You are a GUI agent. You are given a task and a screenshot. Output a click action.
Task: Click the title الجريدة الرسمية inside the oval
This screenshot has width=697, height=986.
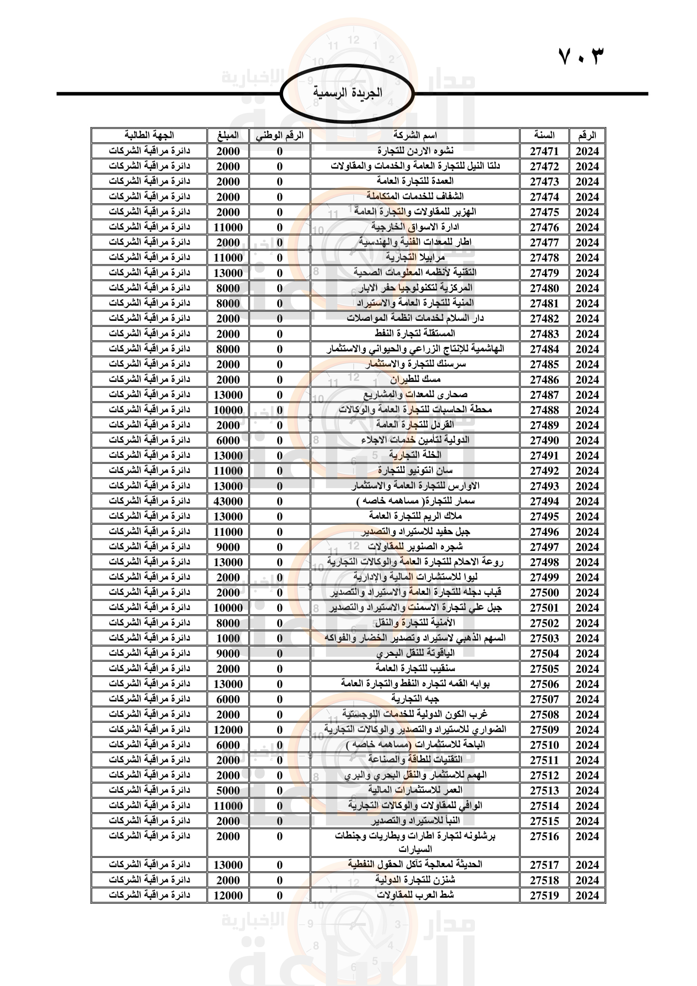pyautogui.click(x=347, y=93)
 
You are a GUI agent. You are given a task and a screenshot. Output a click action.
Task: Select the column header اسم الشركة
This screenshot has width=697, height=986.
pyautogui.click(x=415, y=135)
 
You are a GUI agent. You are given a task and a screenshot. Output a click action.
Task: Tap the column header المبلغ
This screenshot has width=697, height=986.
pyautogui.click(x=228, y=135)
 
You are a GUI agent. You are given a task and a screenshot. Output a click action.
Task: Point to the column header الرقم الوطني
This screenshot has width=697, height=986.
pyautogui.click(x=279, y=136)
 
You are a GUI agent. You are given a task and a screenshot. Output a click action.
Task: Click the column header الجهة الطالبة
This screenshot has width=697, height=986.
pyautogui.click(x=149, y=135)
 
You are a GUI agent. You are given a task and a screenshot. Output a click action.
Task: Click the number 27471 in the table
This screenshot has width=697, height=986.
pyautogui.click(x=544, y=151)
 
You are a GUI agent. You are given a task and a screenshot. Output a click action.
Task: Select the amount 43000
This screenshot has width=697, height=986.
pyautogui.click(x=228, y=501)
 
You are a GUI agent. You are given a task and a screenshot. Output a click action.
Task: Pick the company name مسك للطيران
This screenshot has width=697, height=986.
pyautogui.click(x=415, y=379)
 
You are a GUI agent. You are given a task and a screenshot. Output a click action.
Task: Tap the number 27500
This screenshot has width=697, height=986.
pyautogui.click(x=544, y=593)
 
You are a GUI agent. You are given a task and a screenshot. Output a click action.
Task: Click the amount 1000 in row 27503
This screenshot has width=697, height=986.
pyautogui.click(x=228, y=638)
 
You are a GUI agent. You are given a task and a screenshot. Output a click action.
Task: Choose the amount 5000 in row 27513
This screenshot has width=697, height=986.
pyautogui.click(x=228, y=790)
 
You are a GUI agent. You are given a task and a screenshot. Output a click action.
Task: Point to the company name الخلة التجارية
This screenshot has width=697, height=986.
pyautogui.click(x=415, y=455)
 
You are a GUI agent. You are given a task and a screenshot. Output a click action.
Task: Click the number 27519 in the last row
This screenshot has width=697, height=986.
pyautogui.click(x=544, y=895)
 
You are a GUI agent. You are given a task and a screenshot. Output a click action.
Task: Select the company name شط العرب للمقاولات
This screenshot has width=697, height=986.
pyautogui.click(x=415, y=895)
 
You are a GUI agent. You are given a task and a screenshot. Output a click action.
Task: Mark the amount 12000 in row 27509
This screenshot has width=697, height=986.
pyautogui.click(x=228, y=730)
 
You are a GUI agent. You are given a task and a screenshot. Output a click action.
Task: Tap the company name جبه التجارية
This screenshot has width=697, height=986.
pyautogui.click(x=415, y=699)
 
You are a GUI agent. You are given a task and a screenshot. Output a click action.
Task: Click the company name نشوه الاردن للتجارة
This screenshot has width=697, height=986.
pyautogui.click(x=415, y=151)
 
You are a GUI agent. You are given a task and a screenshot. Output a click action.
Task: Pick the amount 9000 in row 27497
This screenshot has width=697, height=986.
pyautogui.click(x=228, y=547)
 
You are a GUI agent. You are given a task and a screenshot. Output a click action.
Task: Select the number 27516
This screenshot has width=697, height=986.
pyautogui.click(x=544, y=836)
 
